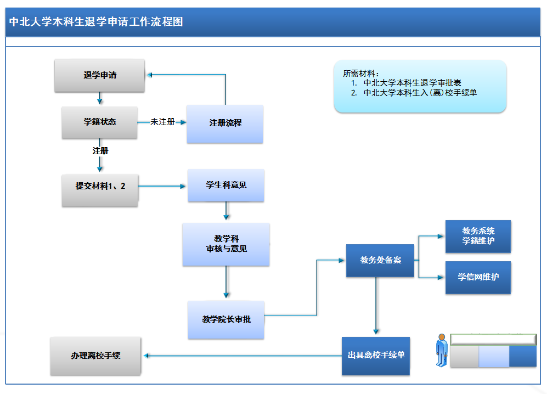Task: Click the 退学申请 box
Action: tap(100, 75)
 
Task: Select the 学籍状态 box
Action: tap(100, 122)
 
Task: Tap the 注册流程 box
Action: tap(225, 123)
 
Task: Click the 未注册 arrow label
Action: tap(162, 122)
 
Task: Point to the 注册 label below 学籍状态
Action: tap(100, 150)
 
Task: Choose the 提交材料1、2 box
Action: tap(100, 187)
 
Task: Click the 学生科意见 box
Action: tap(226, 185)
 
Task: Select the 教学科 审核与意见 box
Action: tap(226, 244)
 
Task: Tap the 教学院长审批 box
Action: tap(226, 319)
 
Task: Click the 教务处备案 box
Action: tap(380, 260)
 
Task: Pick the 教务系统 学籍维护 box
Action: tap(478, 236)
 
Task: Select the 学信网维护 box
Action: tap(478, 277)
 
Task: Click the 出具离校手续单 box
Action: tap(376, 356)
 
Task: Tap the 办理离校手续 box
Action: tap(95, 356)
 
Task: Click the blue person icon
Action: tap(442, 350)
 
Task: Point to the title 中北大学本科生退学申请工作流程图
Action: tap(97, 22)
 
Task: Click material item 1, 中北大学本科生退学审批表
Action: tap(411, 83)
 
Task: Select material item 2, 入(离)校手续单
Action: tap(420, 93)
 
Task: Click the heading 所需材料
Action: tap(361, 73)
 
